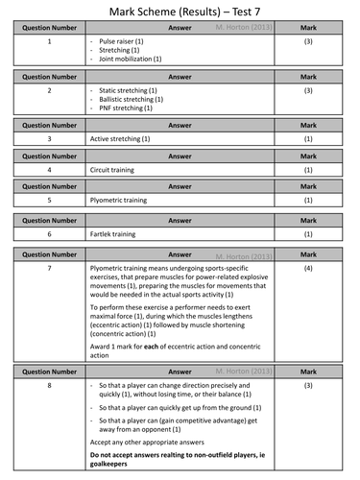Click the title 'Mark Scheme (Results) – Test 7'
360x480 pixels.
(180, 12)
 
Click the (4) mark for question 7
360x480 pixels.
(308, 270)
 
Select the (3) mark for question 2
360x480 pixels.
(308, 90)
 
